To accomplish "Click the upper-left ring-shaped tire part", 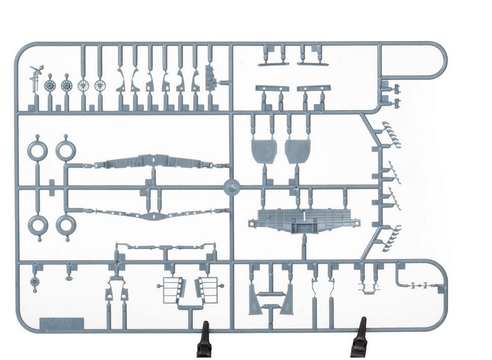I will point(38,149).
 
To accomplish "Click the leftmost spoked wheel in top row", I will point(50,85).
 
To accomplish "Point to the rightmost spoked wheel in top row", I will point(100,85).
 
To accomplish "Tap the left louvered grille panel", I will point(171,289).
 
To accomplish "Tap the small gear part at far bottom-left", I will point(35,281).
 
